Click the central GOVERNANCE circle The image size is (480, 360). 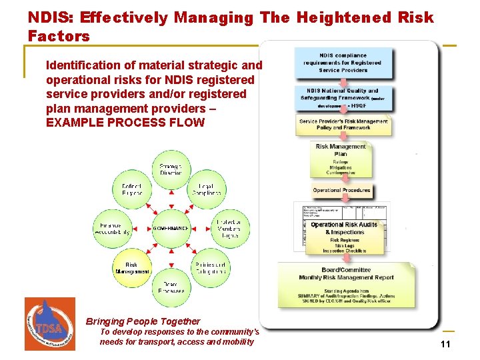(171, 228)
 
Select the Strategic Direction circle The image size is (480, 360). (171, 169)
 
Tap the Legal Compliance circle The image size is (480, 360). (207, 189)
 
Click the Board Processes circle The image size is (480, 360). (171, 287)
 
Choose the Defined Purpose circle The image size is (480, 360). (132, 189)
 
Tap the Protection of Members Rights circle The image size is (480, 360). (229, 228)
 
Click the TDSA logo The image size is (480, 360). (49, 323)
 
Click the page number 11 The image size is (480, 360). (445, 344)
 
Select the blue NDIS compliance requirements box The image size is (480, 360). (343, 63)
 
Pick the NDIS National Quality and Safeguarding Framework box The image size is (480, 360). (343, 98)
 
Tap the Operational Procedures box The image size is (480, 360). (341, 191)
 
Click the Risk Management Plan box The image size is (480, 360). (341, 159)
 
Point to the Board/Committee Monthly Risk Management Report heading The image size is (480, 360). (346, 274)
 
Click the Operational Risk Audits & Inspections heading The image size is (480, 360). (344, 229)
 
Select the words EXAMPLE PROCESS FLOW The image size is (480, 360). (125, 123)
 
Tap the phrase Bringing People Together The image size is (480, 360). (143, 321)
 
